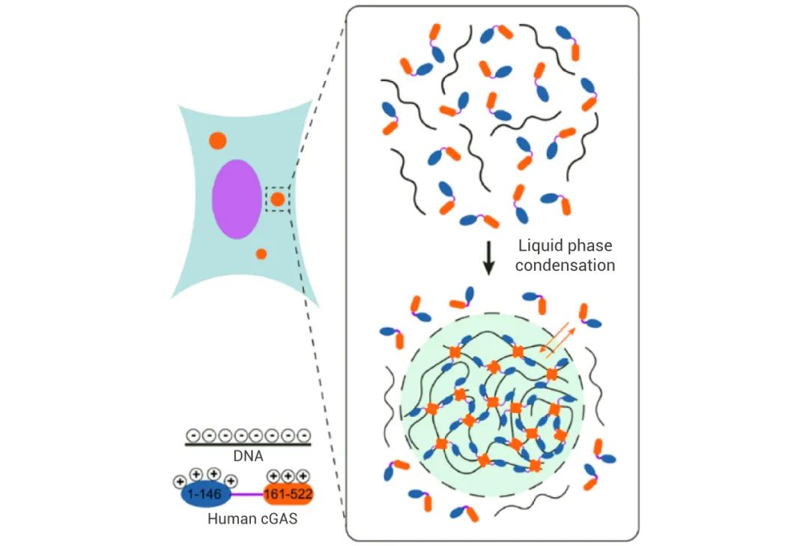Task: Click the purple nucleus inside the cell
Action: coord(236,199)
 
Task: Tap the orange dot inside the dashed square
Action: coord(278,199)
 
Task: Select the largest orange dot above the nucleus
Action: coord(218,140)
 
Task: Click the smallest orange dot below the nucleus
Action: coord(261,253)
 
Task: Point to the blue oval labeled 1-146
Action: coord(204,494)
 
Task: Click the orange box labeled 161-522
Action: coord(288,494)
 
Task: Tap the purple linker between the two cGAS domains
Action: coord(246,494)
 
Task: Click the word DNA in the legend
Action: coord(248,456)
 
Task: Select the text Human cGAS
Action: coord(252,518)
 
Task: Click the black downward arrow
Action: coord(488,258)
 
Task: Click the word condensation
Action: coord(565,265)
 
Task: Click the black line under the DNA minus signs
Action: coord(248,444)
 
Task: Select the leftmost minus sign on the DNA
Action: coord(193,435)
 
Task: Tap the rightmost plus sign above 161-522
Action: coord(303,475)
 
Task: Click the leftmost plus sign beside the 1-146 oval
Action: coord(180,481)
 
